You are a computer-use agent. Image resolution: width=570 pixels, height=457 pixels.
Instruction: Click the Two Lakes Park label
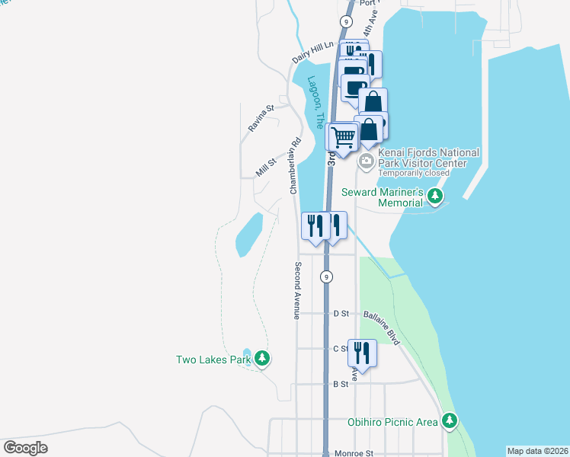[213, 360]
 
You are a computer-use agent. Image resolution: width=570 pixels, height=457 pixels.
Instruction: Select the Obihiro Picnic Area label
[392, 422]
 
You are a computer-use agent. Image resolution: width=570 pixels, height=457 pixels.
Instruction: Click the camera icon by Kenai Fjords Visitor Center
[366, 161]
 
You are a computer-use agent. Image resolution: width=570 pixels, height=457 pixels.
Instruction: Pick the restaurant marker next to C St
[362, 353]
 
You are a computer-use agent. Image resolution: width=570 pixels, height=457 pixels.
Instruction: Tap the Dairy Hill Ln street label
[313, 53]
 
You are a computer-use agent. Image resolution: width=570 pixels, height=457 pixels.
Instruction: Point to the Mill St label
[265, 167]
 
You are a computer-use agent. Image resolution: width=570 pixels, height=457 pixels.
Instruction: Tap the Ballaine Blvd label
[381, 328]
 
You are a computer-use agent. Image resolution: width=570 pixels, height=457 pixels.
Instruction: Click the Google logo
[25, 447]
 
